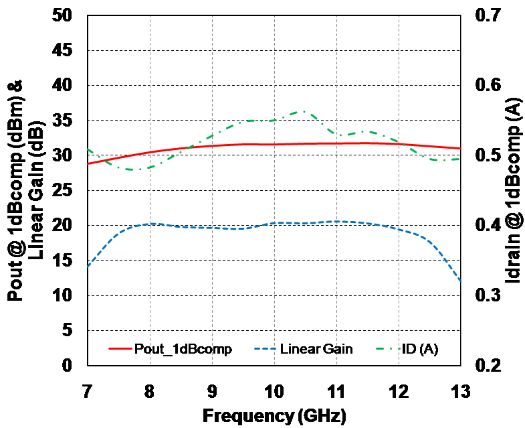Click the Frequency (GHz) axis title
pyautogui.click(x=274, y=415)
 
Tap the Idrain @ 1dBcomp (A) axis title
pyautogui.click(x=512, y=191)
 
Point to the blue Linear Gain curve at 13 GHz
pyautogui.click(x=460, y=281)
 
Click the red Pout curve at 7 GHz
pyautogui.click(x=88, y=163)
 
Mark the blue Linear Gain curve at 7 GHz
pyautogui.click(x=88, y=267)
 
